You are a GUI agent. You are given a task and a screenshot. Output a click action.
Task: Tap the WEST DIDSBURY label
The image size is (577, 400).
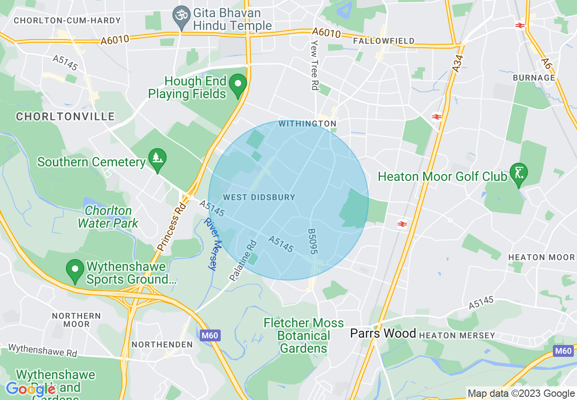[259, 197]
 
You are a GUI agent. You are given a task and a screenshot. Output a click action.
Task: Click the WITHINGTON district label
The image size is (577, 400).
[307, 124]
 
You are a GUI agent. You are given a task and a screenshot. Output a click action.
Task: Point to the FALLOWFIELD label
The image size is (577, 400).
[384, 41]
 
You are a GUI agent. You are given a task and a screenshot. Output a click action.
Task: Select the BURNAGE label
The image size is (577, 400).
[534, 78]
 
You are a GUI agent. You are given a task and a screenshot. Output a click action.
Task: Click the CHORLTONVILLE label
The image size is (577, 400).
[66, 117]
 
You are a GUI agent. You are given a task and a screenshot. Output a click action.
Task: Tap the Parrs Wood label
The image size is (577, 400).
[383, 333]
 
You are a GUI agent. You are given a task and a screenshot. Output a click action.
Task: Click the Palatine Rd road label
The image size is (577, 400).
[243, 260]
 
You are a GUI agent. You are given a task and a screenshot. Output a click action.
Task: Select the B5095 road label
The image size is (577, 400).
[313, 241]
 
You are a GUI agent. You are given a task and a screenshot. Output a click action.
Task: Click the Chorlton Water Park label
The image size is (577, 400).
[108, 217]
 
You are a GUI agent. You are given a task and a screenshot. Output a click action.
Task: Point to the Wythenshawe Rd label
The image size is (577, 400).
[43, 350]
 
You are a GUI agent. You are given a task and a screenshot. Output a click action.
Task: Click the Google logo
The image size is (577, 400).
[30, 389]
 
